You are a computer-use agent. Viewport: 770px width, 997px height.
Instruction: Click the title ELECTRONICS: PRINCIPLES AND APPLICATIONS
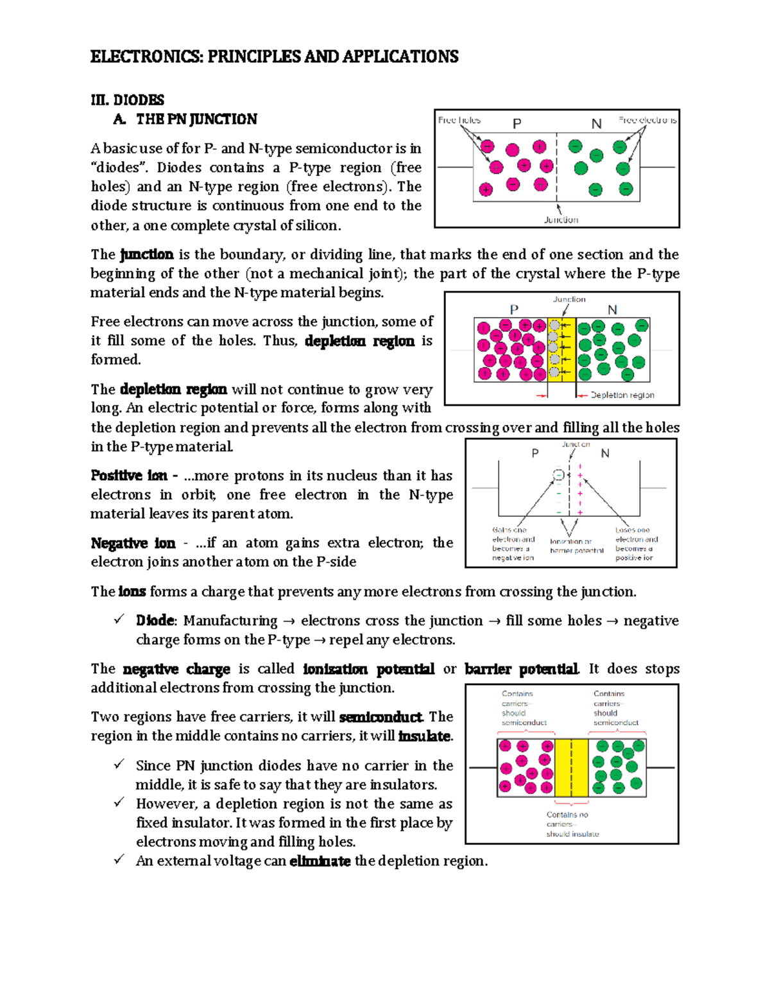click(x=274, y=56)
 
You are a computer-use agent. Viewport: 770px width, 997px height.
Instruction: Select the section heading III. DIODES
click(x=127, y=100)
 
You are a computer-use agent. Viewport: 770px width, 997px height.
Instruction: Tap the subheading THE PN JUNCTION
click(x=196, y=119)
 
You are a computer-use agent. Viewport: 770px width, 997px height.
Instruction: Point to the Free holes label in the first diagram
click(x=459, y=120)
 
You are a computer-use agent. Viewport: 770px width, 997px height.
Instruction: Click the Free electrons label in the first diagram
click(x=647, y=120)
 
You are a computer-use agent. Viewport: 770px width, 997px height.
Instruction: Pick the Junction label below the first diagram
click(x=561, y=220)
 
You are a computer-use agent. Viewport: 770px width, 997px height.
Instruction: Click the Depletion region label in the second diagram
click(x=622, y=395)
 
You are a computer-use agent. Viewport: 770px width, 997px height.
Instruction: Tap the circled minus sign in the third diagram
click(x=558, y=475)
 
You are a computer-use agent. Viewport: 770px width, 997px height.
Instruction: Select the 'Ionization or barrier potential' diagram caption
click(x=576, y=546)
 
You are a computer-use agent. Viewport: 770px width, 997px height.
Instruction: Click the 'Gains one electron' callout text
click(x=513, y=544)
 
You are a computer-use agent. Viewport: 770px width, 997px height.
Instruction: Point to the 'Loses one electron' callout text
click(x=636, y=544)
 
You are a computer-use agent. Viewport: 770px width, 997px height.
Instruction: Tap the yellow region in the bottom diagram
click(x=571, y=768)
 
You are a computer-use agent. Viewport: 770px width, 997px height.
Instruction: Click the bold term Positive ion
click(x=129, y=476)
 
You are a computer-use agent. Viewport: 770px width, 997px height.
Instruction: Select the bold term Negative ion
click(x=133, y=543)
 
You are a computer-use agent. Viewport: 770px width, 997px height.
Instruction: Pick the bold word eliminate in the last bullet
click(x=320, y=861)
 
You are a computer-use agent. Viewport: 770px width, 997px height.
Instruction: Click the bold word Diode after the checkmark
click(x=155, y=621)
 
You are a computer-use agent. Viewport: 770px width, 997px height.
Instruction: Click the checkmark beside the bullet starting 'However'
click(x=119, y=802)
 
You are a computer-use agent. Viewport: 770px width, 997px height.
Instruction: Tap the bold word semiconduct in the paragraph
click(x=381, y=717)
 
